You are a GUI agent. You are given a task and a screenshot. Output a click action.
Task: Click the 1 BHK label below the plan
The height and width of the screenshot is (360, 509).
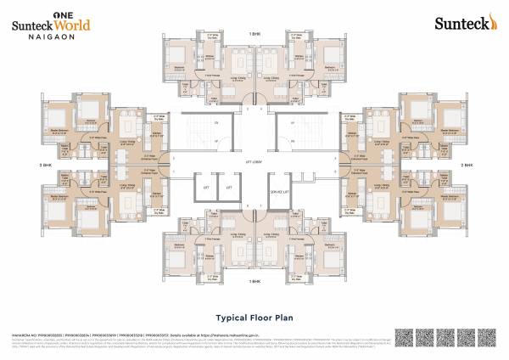254,280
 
